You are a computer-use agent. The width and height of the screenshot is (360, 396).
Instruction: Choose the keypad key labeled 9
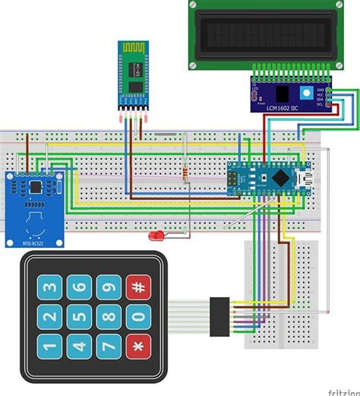pyautogui.click(x=109, y=288)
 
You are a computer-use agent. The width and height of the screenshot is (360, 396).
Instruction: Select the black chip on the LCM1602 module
pyautogui.click(x=285, y=94)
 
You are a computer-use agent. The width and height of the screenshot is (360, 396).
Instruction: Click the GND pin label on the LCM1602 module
pyautogui.click(x=321, y=89)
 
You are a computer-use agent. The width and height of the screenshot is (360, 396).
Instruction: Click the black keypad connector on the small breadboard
pyautogui.click(x=221, y=313)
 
